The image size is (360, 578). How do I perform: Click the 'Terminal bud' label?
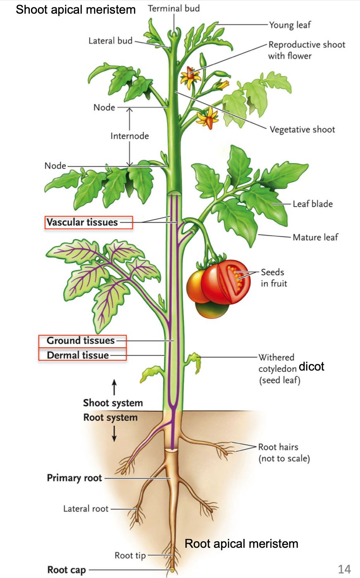pyautogui.click(x=174, y=8)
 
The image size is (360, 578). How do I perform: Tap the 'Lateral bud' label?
pyautogui.click(x=110, y=41)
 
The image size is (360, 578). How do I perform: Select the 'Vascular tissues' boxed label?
pyautogui.click(x=89, y=222)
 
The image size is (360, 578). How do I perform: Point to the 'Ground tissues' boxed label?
pyautogui.click(x=82, y=341)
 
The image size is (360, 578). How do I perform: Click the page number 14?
pyautogui.click(x=344, y=569)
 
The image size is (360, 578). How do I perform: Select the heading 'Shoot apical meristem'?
pyautogui.click(x=76, y=10)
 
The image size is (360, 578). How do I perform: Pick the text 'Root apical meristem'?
pyautogui.click(x=241, y=544)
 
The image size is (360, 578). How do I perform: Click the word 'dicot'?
pyautogui.click(x=311, y=366)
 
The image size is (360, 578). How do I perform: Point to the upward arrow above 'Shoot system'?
pyautogui.click(x=114, y=387)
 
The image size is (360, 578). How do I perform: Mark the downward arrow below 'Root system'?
pyautogui.click(x=114, y=433)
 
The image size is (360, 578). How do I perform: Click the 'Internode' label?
pyautogui.click(x=130, y=136)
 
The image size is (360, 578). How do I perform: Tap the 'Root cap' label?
pyautogui.click(x=67, y=569)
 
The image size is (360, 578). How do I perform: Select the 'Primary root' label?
pyautogui.click(x=74, y=478)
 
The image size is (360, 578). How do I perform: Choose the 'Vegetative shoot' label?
pyautogui.click(x=302, y=130)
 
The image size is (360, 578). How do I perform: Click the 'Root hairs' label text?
pyautogui.click(x=278, y=447)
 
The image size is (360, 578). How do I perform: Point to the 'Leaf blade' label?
pyautogui.click(x=312, y=204)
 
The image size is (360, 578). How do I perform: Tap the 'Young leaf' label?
pyautogui.click(x=290, y=25)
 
